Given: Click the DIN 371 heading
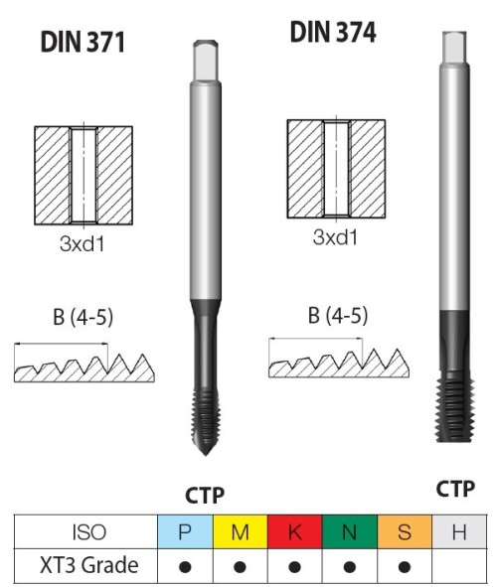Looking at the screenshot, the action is tap(83, 42).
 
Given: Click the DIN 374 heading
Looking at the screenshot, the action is tap(333, 32).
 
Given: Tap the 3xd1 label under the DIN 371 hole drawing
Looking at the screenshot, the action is tap(83, 243).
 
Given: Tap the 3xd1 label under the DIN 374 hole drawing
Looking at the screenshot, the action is tap(335, 237).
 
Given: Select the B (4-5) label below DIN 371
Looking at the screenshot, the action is tap(83, 318).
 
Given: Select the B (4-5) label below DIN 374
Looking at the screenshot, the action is tap(338, 315).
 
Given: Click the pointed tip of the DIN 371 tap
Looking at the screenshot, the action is tap(205, 455).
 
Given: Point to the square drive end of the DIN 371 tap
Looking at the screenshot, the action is tap(206, 60).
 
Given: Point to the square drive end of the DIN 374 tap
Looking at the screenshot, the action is tap(454, 47).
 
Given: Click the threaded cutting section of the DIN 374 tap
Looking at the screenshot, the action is tap(454, 410).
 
